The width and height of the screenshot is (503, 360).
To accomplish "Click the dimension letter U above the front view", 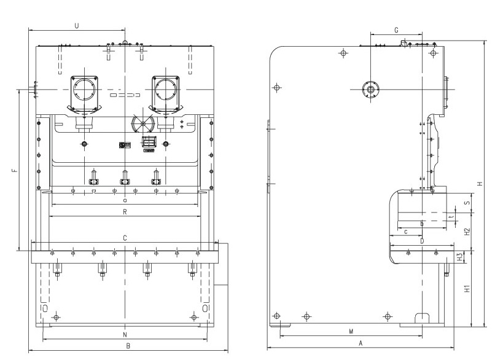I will pos(76,26).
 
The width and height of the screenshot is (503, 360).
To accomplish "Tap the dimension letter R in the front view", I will pos(125,212).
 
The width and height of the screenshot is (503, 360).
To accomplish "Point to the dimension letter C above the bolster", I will pos(125,237).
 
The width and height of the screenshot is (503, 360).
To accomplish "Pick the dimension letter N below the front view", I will pos(125,335).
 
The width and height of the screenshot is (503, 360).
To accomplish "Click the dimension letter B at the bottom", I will pos(128,346).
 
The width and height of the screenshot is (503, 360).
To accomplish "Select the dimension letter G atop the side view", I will pos(396,29).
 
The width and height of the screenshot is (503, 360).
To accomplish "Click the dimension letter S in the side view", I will pos(467,202).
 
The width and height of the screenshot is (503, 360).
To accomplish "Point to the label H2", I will pos(467,232).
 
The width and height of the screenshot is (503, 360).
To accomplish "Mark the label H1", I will pos(467,288).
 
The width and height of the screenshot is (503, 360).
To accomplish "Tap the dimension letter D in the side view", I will pos(422,242).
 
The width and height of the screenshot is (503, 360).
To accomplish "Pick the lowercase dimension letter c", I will pos(406,232).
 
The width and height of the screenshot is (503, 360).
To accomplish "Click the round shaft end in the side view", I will pos(370,90).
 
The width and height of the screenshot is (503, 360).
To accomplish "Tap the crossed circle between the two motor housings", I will pos(142,125).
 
